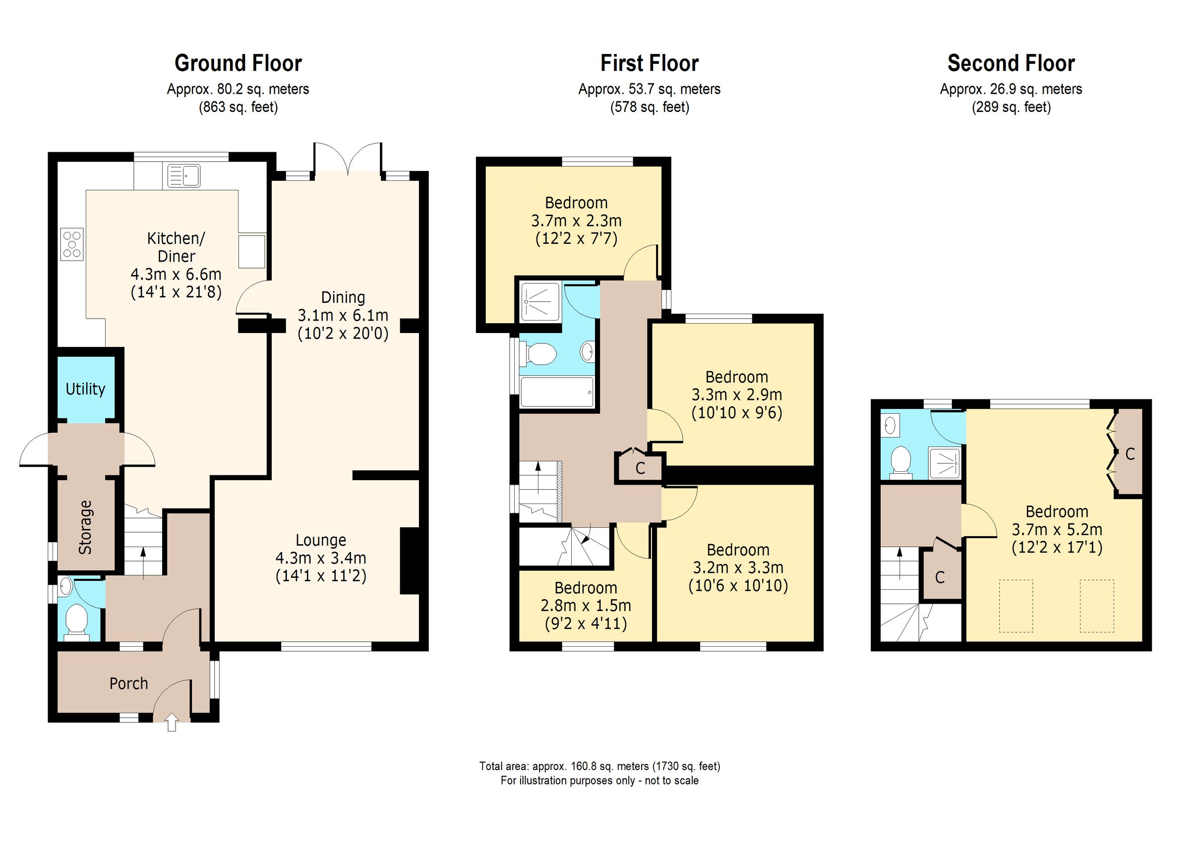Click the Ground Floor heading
238,63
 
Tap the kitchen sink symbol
184,175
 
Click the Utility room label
85,389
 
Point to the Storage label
85,527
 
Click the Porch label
128,683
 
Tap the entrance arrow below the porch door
172,723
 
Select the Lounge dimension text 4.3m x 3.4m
321,558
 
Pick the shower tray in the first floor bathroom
539,301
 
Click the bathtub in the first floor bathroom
556,392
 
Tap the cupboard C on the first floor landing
640,468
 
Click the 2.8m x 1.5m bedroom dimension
586,605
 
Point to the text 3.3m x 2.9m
736,395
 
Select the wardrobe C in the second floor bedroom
1130,454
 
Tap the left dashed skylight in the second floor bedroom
1016,606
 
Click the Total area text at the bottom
599,766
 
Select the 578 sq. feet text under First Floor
650,107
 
